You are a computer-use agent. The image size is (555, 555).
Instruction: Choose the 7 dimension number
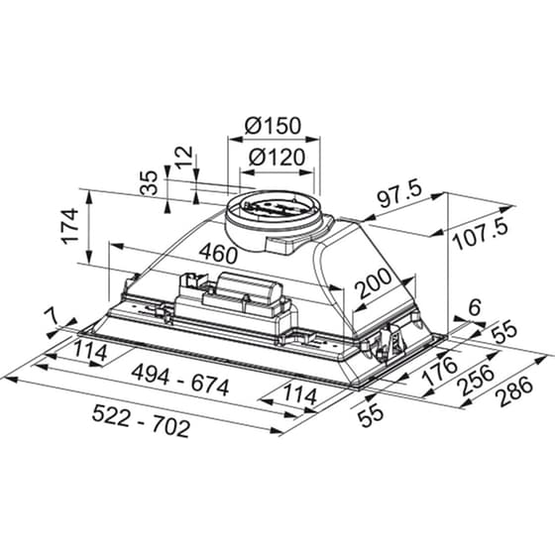tap(52, 315)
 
